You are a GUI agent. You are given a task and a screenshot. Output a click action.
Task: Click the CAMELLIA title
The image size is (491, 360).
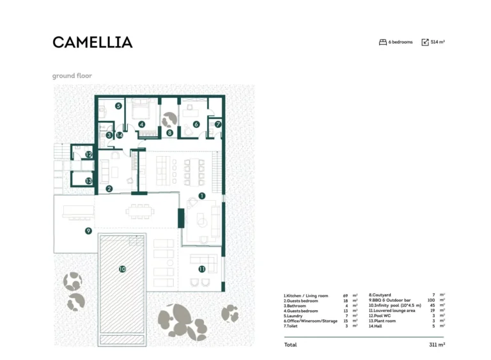92,42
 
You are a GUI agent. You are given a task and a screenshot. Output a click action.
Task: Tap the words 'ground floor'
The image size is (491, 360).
72,75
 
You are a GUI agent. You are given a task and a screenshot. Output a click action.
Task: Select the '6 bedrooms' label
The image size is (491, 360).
400,42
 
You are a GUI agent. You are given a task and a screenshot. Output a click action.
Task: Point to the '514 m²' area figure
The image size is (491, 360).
437,42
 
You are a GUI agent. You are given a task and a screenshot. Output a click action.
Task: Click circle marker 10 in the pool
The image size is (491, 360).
122,269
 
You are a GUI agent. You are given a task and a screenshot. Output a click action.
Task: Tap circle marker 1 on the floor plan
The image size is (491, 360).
201,196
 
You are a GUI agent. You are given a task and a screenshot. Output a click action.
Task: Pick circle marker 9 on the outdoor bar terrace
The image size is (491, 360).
89,231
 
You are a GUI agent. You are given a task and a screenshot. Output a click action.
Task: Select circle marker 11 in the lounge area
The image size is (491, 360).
201,269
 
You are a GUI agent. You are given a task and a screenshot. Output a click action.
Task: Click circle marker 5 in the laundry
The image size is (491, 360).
118,106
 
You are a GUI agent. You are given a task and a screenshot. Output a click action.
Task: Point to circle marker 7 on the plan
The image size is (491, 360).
218,124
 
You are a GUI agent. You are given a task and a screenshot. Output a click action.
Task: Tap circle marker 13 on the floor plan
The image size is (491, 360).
89,181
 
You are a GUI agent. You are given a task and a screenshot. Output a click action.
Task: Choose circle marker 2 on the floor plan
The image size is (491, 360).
109,189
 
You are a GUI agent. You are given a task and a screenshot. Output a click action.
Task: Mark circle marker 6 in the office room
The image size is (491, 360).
196,124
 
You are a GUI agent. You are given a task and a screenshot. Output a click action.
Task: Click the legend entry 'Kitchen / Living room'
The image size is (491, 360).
306,296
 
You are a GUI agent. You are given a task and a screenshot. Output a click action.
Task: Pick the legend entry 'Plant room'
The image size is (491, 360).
382,321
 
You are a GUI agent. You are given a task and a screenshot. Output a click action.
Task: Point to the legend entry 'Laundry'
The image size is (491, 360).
295,316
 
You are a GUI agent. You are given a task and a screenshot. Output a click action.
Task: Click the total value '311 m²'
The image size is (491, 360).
437,345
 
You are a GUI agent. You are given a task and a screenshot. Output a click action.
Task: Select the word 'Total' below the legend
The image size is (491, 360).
290,345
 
